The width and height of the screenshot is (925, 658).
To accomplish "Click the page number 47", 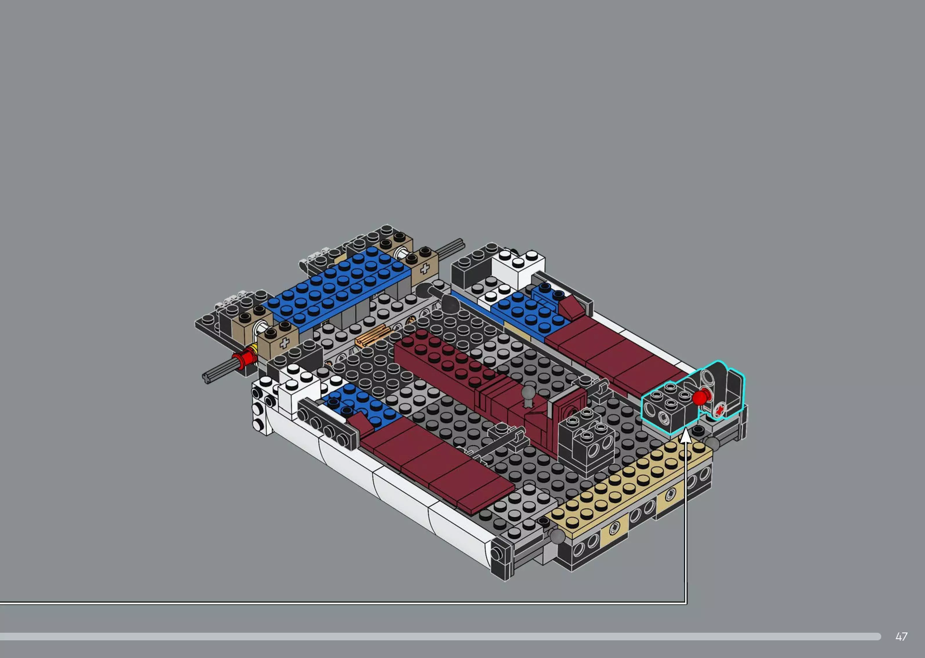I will pyautogui.click(x=901, y=637).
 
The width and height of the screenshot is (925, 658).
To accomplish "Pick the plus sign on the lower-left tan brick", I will pyautogui.click(x=284, y=343).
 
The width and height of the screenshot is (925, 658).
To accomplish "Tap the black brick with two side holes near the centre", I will pyautogui.click(x=588, y=446).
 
